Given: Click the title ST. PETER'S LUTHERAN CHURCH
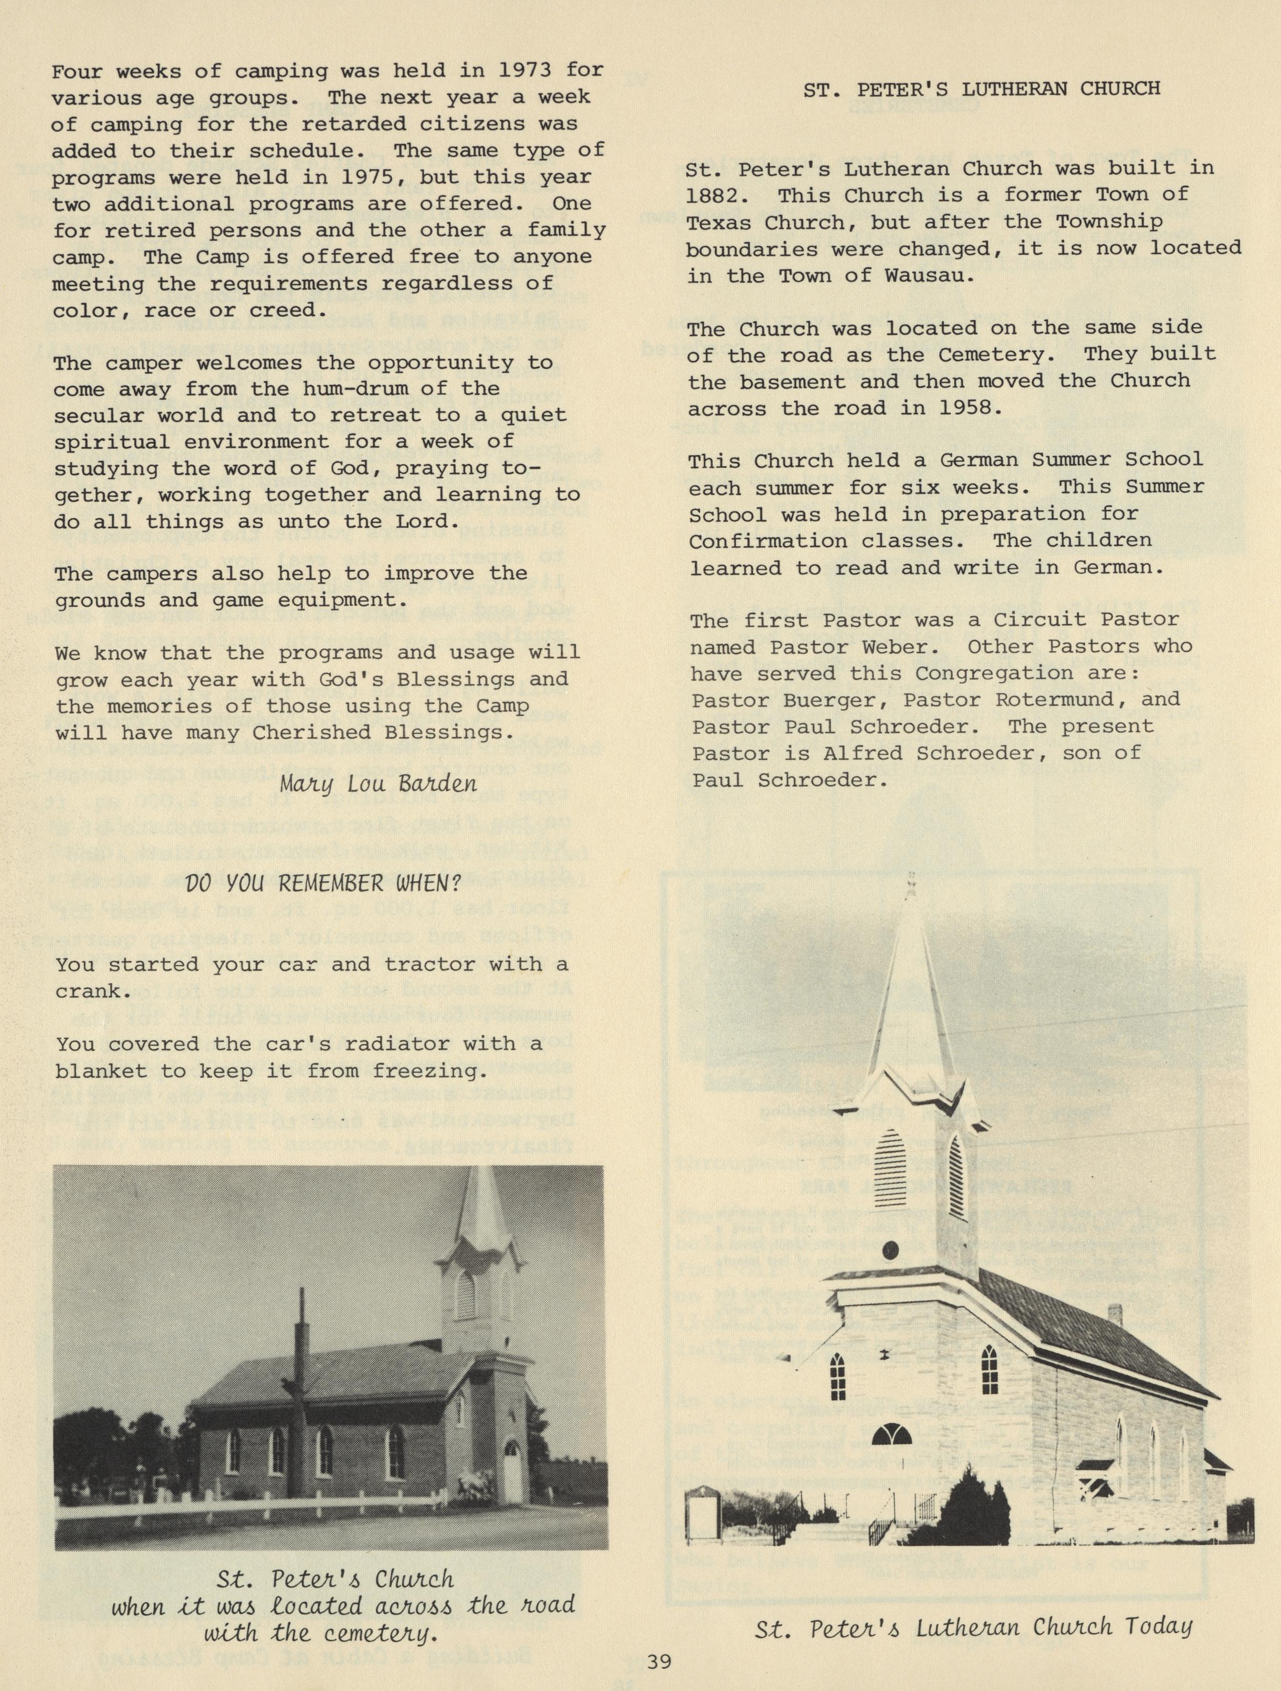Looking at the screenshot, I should point(981,89).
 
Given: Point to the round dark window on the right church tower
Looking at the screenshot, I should point(890,1252).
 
